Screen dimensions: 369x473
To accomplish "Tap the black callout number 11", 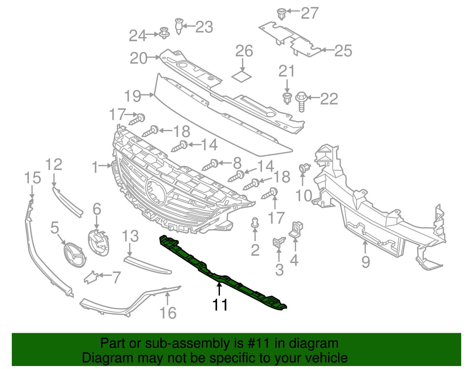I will coord(220,305).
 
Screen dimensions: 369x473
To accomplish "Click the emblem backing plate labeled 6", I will coord(98,243).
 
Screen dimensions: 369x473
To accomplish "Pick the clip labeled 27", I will coord(281,14).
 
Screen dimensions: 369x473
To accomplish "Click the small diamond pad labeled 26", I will coord(242,77).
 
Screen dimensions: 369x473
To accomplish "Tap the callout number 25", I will coord(343,51).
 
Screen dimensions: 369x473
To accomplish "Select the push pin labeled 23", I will coord(179,26).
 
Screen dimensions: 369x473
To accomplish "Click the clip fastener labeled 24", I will coord(164,33).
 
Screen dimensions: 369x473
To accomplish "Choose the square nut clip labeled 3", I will coord(278,242).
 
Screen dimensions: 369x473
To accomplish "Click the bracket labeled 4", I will coord(296,230).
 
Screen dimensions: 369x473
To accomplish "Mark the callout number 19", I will coord(133,96).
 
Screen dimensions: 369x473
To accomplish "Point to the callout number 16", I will coord(168,313).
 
